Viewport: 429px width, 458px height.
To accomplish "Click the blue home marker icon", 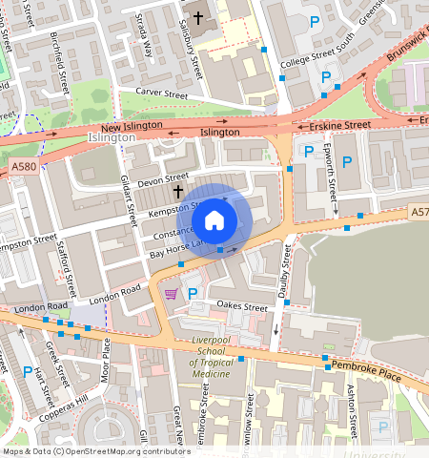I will point(214,221).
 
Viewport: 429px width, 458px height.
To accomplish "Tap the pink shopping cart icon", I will point(172,294).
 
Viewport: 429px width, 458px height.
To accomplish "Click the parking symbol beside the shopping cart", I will point(193,294).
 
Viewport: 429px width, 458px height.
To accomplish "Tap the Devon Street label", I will point(163,178).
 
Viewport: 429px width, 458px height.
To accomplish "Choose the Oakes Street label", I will point(242,306).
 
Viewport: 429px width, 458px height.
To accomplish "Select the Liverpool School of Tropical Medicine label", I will point(201,357).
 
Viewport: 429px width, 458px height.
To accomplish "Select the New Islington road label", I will point(130,128).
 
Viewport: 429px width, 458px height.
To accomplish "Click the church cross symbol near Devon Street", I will point(177,192).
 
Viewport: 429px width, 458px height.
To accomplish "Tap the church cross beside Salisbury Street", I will point(199,17).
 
